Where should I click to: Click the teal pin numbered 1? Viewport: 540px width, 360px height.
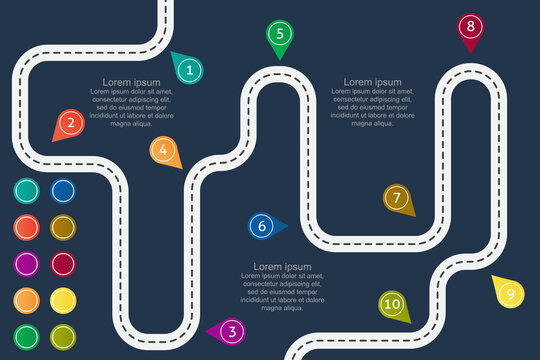[189, 69]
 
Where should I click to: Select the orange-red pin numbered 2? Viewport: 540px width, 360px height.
[69, 124]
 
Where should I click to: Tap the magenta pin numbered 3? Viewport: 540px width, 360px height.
[231, 331]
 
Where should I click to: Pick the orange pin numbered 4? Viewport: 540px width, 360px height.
[163, 151]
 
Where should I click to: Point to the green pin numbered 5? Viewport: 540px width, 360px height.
[279, 34]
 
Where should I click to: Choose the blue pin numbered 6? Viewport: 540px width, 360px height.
[262, 226]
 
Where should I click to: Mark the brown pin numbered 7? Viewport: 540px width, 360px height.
[397, 198]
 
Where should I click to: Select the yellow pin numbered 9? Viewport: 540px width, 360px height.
[509, 293]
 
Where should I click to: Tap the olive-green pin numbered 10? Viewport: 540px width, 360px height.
[392, 304]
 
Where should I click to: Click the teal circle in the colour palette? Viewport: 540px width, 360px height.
[27, 191]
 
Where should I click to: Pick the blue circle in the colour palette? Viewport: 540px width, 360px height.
[63, 191]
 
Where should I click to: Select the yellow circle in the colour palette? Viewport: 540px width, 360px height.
[63, 300]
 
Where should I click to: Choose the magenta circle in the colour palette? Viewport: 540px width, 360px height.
[27, 264]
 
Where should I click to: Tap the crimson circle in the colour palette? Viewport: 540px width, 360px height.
[63, 264]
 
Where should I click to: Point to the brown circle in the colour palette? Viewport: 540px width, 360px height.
[63, 228]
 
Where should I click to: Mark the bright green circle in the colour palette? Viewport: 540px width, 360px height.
[27, 336]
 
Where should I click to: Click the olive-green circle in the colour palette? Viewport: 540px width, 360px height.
[63, 336]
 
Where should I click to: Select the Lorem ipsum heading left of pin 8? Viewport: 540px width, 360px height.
[372, 82]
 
